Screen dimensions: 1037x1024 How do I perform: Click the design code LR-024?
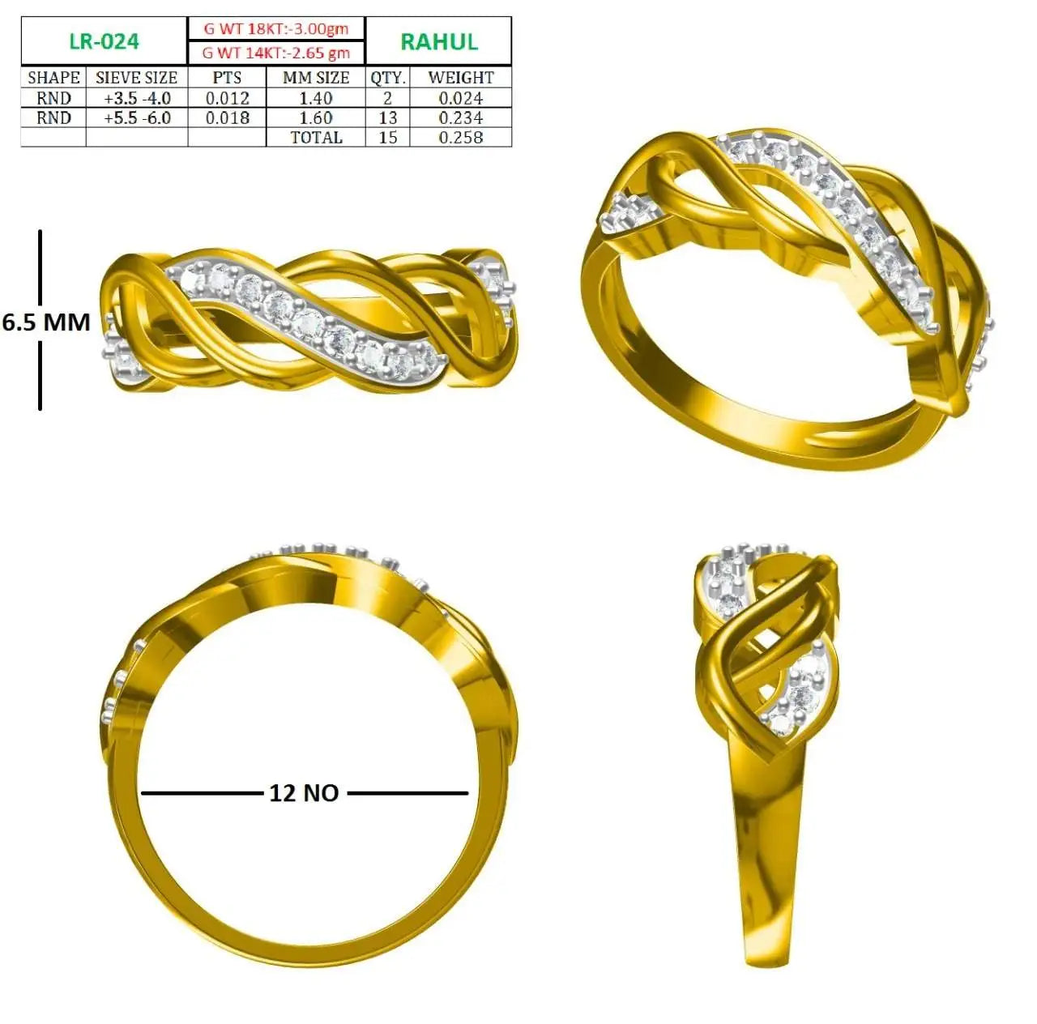[105, 41]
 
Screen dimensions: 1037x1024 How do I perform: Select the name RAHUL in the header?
[439, 42]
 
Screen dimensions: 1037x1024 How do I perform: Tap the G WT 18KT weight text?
[276, 28]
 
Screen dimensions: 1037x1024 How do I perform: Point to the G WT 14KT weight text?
[276, 53]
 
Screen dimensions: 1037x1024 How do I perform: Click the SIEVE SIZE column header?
[137, 78]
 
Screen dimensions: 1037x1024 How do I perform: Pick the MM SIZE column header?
[316, 78]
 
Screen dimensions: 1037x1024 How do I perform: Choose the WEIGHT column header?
[461, 78]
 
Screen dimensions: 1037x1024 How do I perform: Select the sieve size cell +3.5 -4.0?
[137, 98]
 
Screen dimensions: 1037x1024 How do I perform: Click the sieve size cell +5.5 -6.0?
[137, 118]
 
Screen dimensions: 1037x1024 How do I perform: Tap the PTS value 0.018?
[228, 118]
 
